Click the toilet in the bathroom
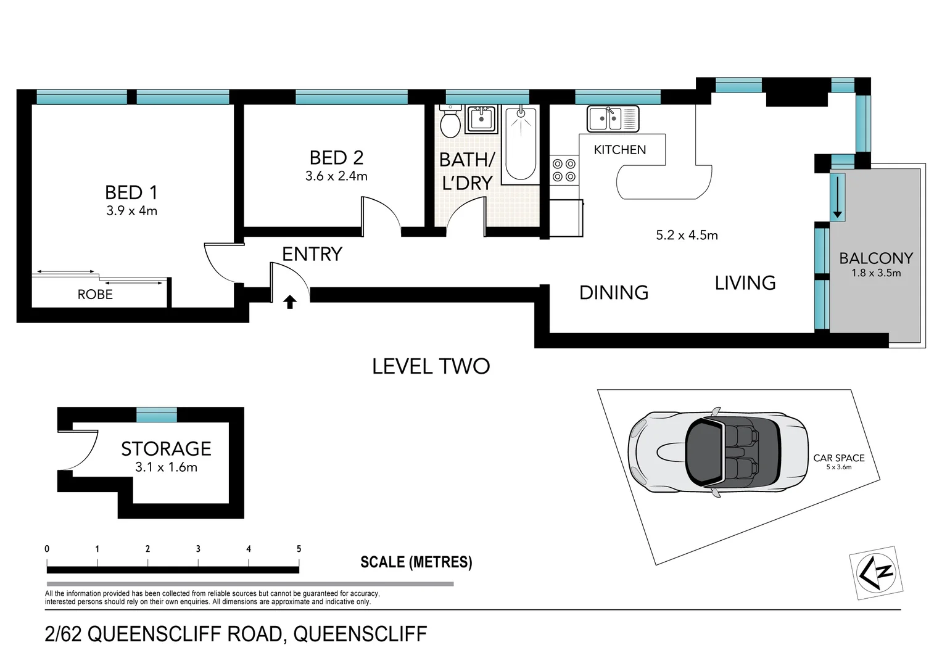pos(450,122)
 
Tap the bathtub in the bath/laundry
pos(521,144)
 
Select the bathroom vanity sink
pos(481,118)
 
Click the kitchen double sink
pos(613,118)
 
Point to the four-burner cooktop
pos(564,170)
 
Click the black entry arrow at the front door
pos(290,302)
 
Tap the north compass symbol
pos(876,572)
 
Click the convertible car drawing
pos(718,451)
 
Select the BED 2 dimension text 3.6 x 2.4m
pos(336,176)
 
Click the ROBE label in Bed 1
pos(95,295)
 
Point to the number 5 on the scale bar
pos(299,549)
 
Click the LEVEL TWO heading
pos(431,366)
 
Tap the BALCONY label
pos(875,258)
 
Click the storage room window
pos(157,414)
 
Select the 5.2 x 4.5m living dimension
pos(687,235)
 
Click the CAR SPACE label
pos(838,458)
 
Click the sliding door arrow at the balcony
pos(837,197)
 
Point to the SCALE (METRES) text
pos(416,562)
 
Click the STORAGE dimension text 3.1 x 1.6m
pos(166,467)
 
